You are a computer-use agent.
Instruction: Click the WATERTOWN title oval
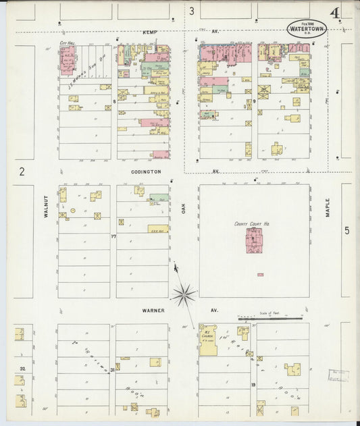click(x=307, y=28)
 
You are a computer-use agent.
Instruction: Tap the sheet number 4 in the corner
click(x=335, y=13)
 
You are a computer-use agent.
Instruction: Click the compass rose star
click(x=183, y=294)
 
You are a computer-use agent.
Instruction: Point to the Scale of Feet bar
click(x=269, y=317)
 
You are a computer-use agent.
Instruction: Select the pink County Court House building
click(x=254, y=240)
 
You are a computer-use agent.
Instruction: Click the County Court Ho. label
click(x=252, y=223)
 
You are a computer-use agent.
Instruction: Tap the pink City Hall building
click(x=67, y=61)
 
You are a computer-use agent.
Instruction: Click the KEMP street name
click(x=149, y=32)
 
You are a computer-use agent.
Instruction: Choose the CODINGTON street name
click(x=146, y=171)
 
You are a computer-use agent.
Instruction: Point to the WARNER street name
click(x=153, y=310)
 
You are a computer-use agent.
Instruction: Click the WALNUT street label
click(x=47, y=207)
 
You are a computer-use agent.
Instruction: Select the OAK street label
click(x=183, y=209)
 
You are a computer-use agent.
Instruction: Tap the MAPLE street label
click(x=328, y=207)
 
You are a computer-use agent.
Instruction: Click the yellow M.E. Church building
click(x=208, y=341)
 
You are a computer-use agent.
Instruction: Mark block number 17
click(x=113, y=236)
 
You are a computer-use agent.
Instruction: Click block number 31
click(x=112, y=370)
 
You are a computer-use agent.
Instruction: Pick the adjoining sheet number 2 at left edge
click(x=22, y=171)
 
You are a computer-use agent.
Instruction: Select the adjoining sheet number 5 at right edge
click(x=346, y=231)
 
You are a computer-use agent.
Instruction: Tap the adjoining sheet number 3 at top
click(x=191, y=11)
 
